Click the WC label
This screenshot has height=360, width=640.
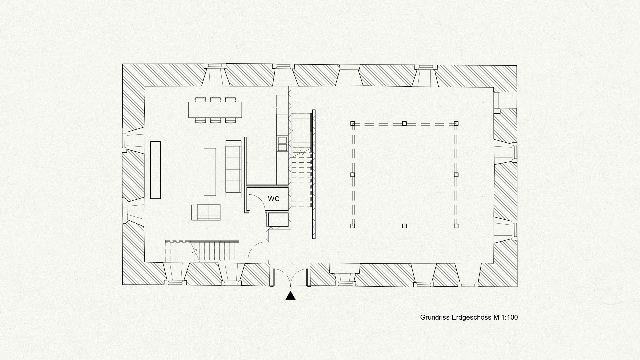coord(274,199)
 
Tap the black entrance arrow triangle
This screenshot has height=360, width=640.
coord(290,296)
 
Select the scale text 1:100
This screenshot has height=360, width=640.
coord(509,317)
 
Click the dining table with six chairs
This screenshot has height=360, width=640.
coord(215,110)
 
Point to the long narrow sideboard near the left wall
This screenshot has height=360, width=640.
coord(155,170)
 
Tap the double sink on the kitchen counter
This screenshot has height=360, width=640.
coord(282,143)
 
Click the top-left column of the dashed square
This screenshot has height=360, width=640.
coord(353,124)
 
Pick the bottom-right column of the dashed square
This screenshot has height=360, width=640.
coord(456,226)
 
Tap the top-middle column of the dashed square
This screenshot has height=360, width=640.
coord(404,124)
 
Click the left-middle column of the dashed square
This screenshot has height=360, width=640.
coord(353,175)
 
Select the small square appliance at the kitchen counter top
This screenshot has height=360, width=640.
coord(282,101)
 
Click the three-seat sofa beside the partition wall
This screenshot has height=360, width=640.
coord(233,169)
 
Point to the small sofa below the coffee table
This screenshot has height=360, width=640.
coord(206,212)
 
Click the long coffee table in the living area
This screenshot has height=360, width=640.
coord(210,172)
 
